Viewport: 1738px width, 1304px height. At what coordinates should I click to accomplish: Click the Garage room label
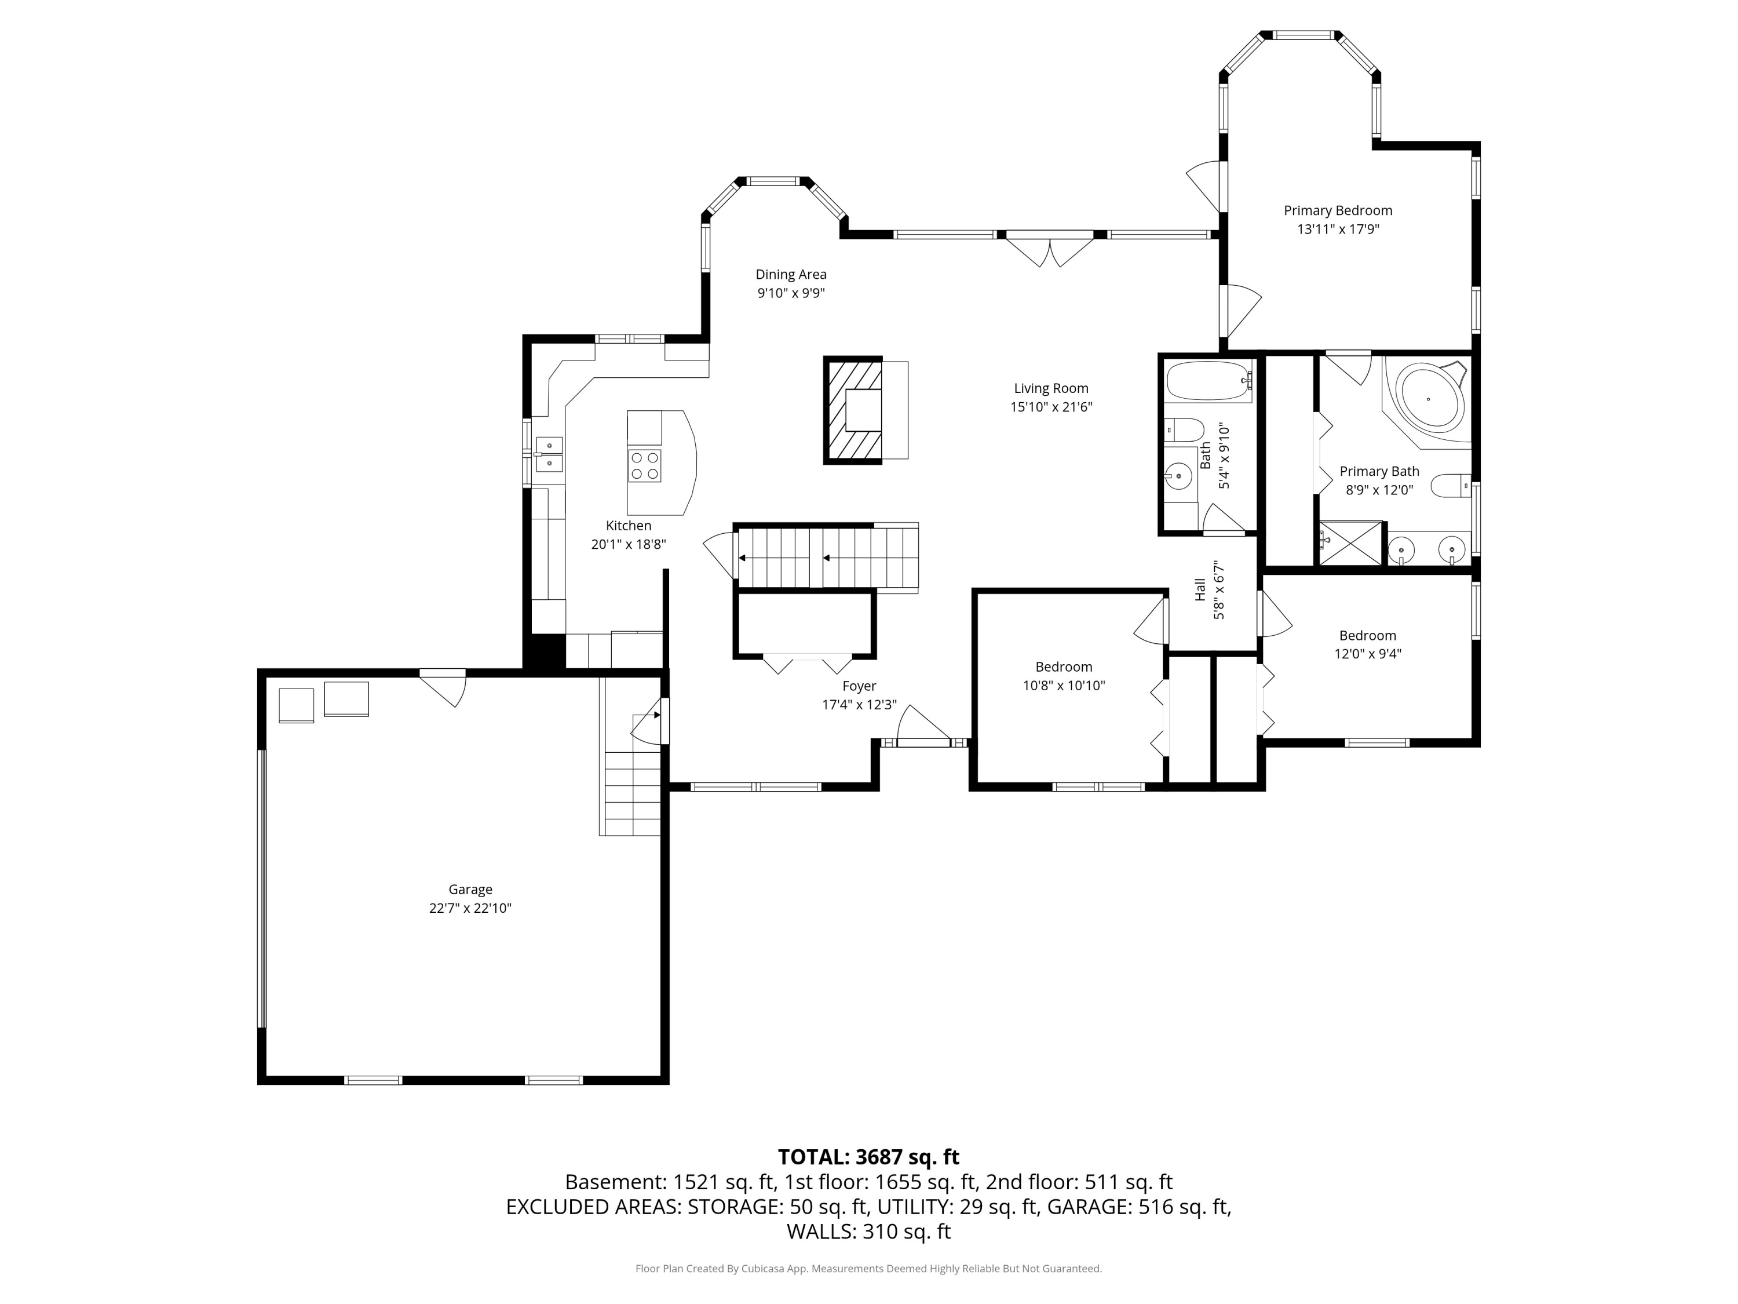point(470,889)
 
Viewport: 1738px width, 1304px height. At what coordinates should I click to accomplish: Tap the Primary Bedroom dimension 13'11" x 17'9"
point(1338,230)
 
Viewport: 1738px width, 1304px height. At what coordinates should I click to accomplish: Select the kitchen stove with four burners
point(644,465)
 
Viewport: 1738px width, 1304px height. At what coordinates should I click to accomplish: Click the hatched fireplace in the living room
point(853,410)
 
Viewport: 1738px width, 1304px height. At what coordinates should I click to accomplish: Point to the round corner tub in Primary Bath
point(1429,400)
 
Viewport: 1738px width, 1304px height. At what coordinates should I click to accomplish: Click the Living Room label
point(1051,388)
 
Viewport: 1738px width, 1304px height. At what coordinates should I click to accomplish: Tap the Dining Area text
point(791,274)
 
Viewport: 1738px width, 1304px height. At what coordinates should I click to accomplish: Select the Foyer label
point(859,686)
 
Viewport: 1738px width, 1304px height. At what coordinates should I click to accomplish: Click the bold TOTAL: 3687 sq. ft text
point(868,1157)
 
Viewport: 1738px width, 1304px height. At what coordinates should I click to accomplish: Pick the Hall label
point(1200,589)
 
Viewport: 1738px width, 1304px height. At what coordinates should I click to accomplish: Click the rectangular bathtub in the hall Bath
point(1208,381)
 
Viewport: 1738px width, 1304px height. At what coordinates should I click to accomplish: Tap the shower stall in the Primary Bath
point(1350,543)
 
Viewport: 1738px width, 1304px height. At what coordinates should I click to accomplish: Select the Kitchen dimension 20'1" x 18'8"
point(629,544)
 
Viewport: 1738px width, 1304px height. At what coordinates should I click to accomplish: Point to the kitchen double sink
point(549,454)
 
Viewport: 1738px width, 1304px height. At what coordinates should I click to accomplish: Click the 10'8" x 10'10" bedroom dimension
point(1064,686)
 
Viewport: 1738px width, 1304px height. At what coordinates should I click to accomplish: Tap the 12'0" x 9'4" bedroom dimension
point(1368,653)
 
